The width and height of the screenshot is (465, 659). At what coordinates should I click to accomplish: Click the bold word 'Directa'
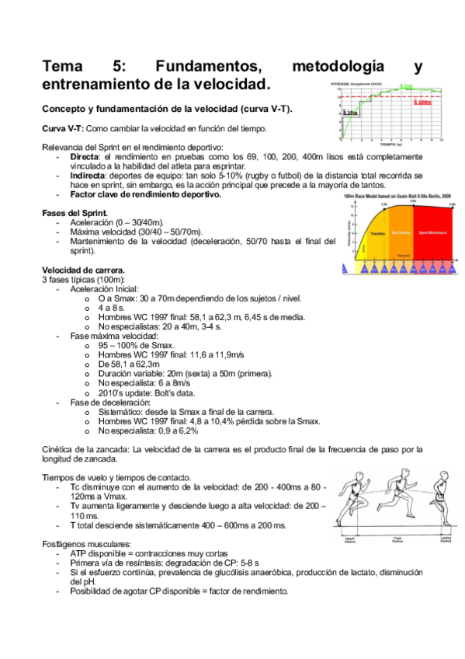point(85,157)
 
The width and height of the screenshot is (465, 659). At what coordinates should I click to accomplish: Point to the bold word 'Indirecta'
point(89,176)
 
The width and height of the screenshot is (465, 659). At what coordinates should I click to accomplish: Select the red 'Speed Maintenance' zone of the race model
point(432,232)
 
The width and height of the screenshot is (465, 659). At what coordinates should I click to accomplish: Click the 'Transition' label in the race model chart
point(378,232)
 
